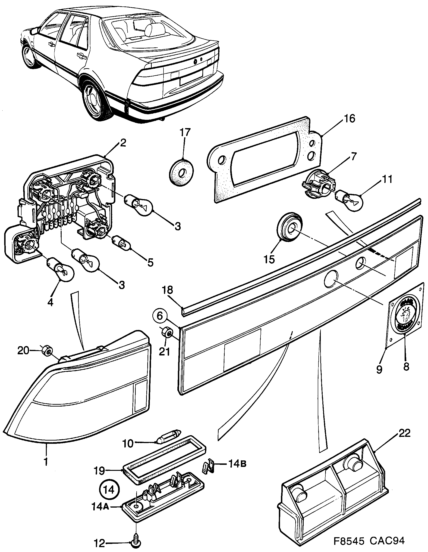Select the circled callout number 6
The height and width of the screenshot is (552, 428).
coord(160,316)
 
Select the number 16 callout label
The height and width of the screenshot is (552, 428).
coord(349,119)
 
